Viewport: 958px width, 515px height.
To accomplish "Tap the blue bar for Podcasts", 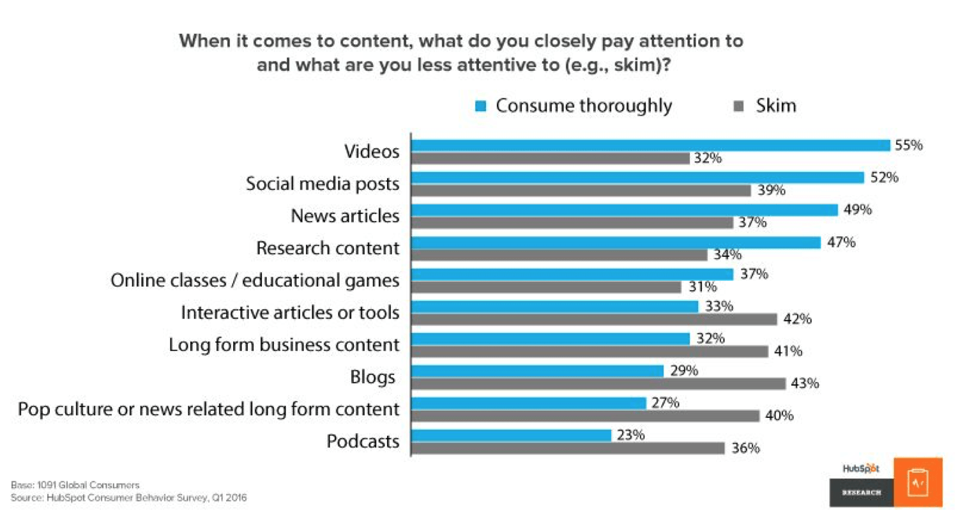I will (x=511, y=435).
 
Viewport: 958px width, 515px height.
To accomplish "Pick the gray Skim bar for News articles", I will (x=572, y=222).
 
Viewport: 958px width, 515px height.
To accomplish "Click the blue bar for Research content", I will (x=616, y=242).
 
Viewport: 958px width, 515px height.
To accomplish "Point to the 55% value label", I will (x=909, y=145).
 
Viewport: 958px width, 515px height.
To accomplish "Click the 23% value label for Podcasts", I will (x=630, y=434).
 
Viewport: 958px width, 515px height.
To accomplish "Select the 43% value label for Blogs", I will (x=805, y=383).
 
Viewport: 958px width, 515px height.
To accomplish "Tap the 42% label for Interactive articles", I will (x=796, y=319).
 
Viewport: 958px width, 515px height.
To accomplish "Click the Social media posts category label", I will (x=323, y=183).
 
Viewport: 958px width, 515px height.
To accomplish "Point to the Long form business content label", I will (x=284, y=344).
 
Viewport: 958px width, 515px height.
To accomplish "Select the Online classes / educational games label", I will (x=255, y=280).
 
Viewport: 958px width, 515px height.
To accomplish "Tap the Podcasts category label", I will (x=363, y=441).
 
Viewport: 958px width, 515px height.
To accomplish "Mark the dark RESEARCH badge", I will (x=862, y=493).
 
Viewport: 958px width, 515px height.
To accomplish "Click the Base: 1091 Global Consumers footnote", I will (x=75, y=484).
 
